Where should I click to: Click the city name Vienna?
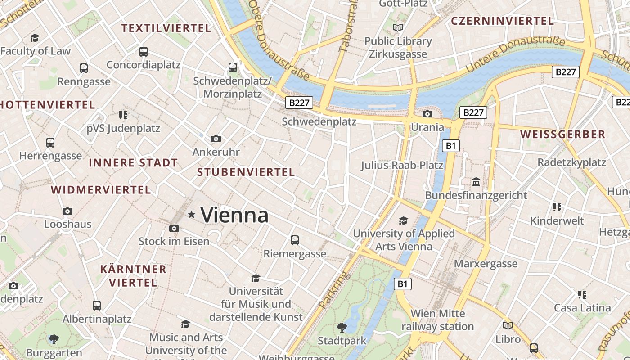click(x=234, y=215)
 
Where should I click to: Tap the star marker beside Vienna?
click(x=192, y=215)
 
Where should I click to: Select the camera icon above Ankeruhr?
click(x=216, y=139)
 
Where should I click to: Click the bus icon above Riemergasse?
click(x=295, y=240)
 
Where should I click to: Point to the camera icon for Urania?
click(x=427, y=114)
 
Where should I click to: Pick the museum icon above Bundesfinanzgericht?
click(x=476, y=182)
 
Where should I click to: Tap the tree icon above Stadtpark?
click(x=342, y=327)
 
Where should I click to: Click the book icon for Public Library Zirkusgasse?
click(x=398, y=28)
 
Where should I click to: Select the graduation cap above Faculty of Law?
click(x=35, y=38)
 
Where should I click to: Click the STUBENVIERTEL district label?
click(x=246, y=172)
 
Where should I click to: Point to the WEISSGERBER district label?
click(x=563, y=134)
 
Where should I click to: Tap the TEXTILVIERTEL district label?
click(x=166, y=28)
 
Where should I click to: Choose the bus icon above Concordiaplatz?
click(x=144, y=52)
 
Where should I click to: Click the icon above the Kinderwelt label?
click(x=557, y=207)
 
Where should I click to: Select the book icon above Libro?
click(x=508, y=325)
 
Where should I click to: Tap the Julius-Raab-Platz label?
click(x=402, y=165)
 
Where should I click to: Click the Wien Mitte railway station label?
click(x=437, y=319)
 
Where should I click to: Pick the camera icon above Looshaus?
click(x=67, y=211)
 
